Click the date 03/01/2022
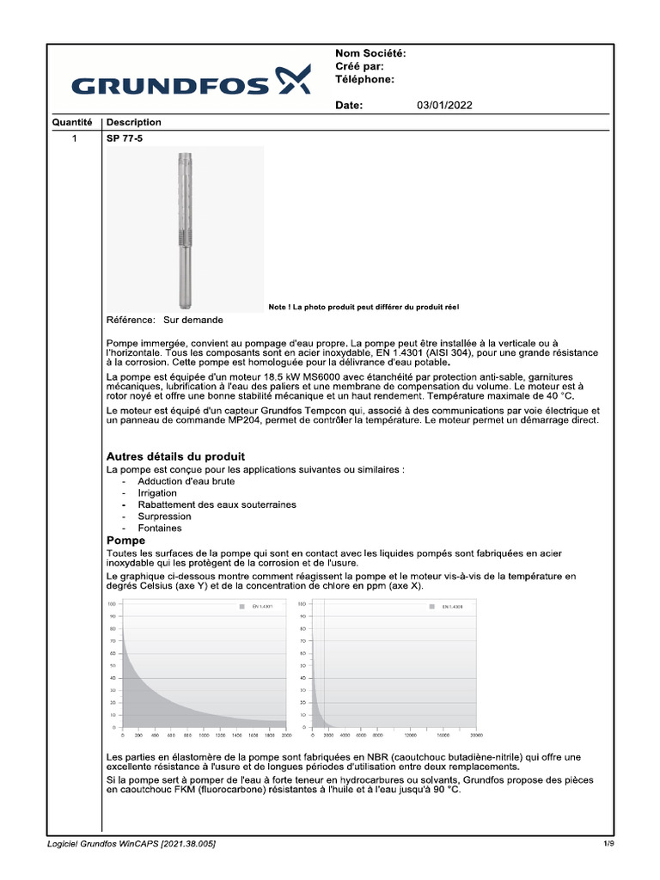tap(444, 106)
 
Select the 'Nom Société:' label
tap(370, 53)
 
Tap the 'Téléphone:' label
tap(364, 79)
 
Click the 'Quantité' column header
tap(72, 122)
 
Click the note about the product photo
tap(370, 307)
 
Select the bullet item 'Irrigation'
tap(157, 493)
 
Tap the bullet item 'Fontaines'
tap(159, 529)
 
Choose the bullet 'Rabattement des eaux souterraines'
tap(211, 504)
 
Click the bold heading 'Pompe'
tap(125, 541)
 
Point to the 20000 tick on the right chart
tap(475, 736)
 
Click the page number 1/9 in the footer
tap(608, 844)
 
